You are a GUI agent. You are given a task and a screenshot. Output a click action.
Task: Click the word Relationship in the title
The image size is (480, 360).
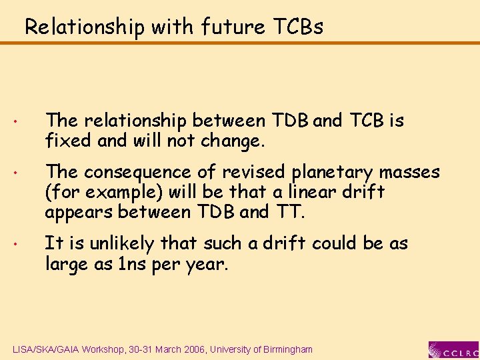click(x=84, y=27)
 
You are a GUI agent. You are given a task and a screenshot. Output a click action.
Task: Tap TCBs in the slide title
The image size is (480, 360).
click(x=298, y=27)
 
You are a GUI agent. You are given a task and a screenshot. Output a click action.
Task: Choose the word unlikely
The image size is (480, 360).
click(x=114, y=244)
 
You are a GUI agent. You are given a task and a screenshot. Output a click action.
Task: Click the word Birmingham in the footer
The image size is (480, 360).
click(x=286, y=349)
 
